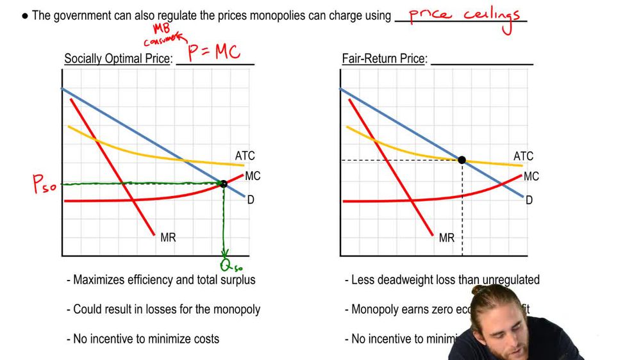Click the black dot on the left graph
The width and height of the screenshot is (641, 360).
tap(223, 184)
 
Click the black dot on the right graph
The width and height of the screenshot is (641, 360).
tap(462, 160)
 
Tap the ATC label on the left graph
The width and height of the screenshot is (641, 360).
tap(245, 156)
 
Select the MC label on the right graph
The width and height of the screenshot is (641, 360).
tap(531, 176)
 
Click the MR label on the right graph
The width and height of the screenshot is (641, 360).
tap(447, 238)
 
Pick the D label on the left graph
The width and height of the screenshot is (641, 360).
tap(251, 200)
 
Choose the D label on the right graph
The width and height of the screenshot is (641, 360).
tap(529, 200)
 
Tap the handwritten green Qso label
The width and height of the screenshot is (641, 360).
tap(229, 264)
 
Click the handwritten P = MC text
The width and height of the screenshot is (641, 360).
tap(214, 52)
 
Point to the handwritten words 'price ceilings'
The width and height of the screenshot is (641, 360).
tap(465, 17)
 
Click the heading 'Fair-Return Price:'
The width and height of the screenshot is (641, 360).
tap(384, 59)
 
